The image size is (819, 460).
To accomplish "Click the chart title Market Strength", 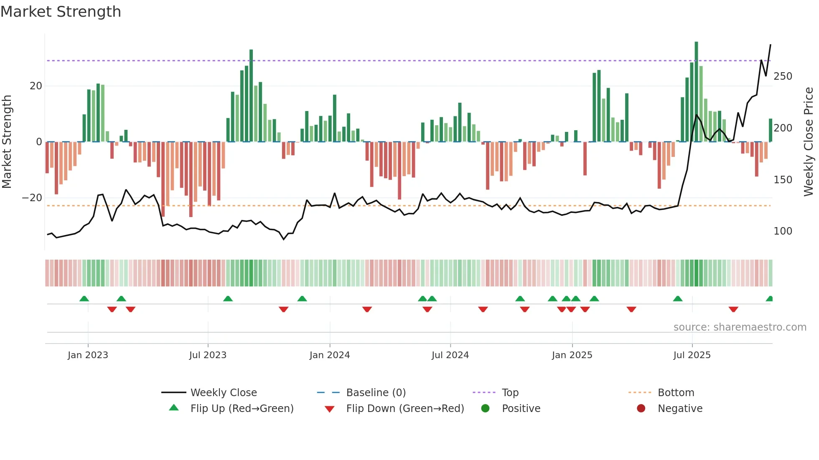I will (x=61, y=12).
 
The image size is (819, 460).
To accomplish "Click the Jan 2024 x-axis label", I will (x=329, y=355).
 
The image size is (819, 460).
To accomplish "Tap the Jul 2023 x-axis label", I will (x=208, y=355).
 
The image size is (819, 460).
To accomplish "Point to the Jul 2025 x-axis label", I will (x=692, y=355).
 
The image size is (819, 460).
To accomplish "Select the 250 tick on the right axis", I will (x=783, y=76).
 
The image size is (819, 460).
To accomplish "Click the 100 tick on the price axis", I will (x=783, y=231).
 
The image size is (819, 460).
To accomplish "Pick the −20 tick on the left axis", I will (x=32, y=198).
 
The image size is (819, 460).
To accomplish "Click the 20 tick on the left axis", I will (x=36, y=86).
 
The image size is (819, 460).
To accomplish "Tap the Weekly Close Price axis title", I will (x=809, y=142).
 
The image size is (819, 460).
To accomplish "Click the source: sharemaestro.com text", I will (x=740, y=327).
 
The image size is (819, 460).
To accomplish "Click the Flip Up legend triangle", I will (x=174, y=408).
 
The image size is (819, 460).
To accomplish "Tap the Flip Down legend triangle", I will (x=329, y=409).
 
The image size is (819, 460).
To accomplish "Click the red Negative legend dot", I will (x=641, y=408).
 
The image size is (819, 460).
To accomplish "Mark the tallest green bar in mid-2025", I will (x=696, y=92).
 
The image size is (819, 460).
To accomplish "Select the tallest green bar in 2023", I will (x=251, y=96).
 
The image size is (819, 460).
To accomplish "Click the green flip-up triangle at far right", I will (x=769, y=299).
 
